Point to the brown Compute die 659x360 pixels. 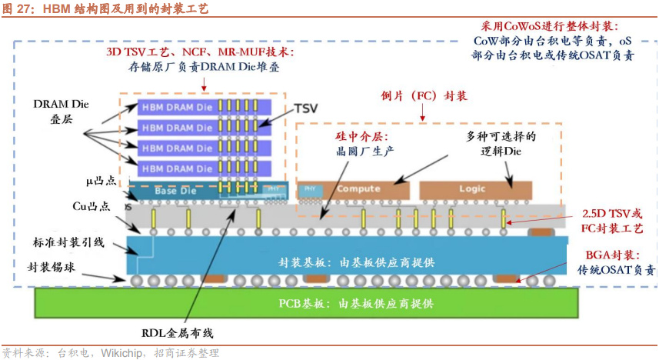click(x=358, y=188)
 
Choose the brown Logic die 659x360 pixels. click(x=472, y=188)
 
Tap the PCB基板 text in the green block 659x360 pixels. click(x=355, y=303)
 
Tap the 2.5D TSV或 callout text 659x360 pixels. click(x=612, y=212)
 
